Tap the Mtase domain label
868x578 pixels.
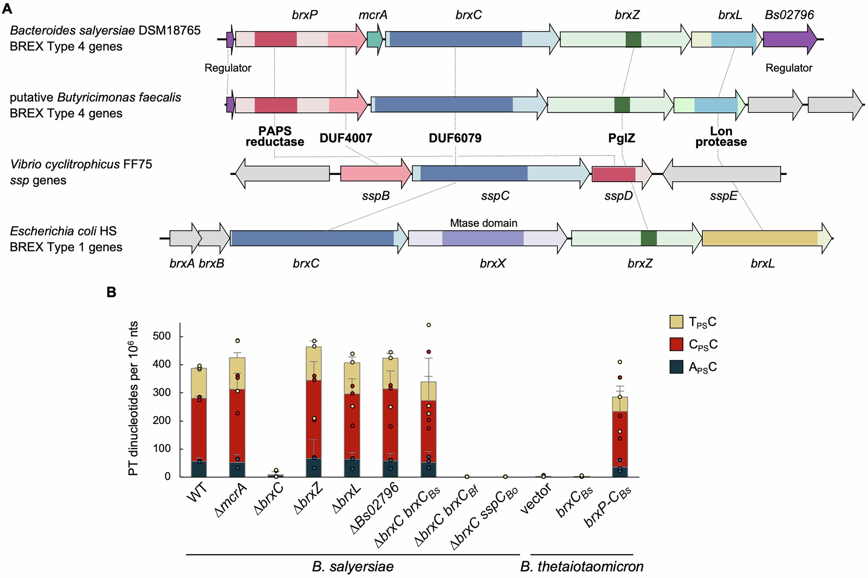point(483,223)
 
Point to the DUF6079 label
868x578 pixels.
point(455,138)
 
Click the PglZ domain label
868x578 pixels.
point(621,138)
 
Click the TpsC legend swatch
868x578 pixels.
point(676,322)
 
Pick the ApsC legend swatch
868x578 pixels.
point(676,367)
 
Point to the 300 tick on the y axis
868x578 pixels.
point(161,393)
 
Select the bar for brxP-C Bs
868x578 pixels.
point(619,438)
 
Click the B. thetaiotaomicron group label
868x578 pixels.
point(582,567)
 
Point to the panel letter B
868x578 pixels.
point(112,292)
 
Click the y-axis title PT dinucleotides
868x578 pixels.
point(133,398)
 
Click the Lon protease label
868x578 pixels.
point(721,137)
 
